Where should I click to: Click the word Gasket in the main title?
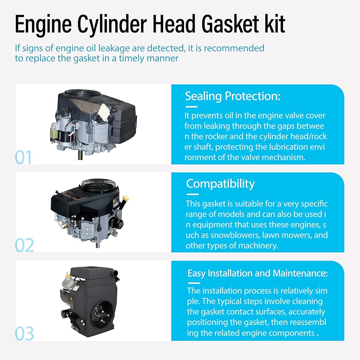tap(230, 24)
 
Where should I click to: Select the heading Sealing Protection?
tap(233, 96)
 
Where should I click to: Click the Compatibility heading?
tap(220, 184)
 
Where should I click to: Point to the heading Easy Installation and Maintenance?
tap(257, 273)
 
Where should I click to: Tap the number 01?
tap(23, 157)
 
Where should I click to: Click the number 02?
tap(24, 245)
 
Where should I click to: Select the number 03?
tap(24, 333)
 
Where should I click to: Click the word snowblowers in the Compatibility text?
tap(235, 235)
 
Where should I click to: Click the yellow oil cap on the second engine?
tap(126, 198)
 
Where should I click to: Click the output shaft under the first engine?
tap(80, 155)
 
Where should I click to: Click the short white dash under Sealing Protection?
tap(192, 107)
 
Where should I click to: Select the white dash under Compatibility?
tap(192, 194)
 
